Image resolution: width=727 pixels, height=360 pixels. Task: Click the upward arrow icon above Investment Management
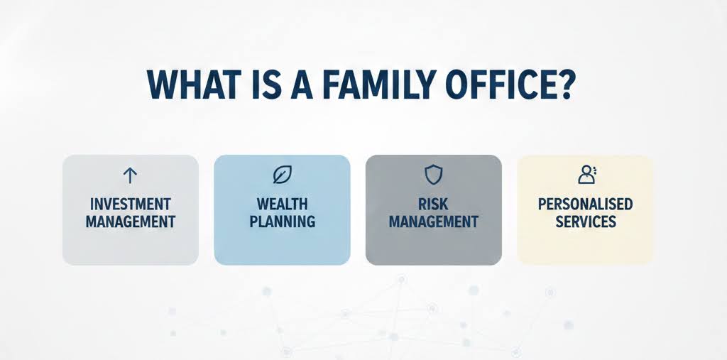click(130, 175)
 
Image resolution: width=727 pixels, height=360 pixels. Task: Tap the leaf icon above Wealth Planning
click(282, 175)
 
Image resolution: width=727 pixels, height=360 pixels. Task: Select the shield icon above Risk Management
click(433, 175)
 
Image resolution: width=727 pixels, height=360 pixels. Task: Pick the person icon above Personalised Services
click(586, 174)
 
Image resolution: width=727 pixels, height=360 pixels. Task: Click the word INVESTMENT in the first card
click(130, 204)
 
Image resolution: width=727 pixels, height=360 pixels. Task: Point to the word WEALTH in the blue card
click(282, 204)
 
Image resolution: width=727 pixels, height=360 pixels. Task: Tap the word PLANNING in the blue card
click(282, 222)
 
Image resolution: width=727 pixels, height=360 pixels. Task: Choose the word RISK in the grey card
click(433, 204)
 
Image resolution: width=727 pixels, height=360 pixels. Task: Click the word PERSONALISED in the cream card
click(585, 204)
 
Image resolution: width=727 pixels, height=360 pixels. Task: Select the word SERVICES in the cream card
click(585, 222)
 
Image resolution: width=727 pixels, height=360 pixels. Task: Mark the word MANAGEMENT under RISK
click(433, 222)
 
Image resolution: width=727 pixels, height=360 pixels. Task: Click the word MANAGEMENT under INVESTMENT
click(130, 222)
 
